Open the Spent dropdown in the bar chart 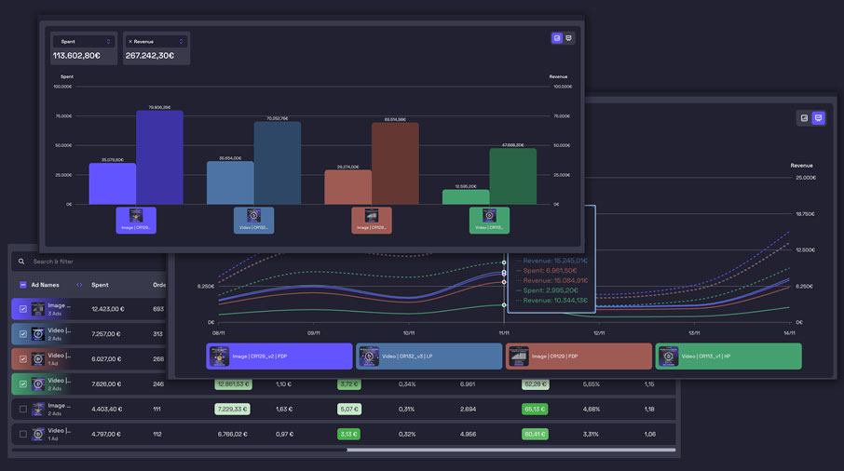tap(84, 42)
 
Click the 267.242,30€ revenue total tap(150, 56)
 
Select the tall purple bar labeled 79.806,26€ tap(159, 157)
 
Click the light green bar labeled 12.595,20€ tap(466, 196)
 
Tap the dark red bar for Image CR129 tap(395, 163)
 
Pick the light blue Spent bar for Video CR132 tap(230, 182)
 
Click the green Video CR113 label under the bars tap(489, 221)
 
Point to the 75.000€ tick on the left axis tap(63, 116)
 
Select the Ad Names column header tap(45, 285)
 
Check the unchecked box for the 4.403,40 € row tap(23, 409)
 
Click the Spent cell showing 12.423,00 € tap(105, 309)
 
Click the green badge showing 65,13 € tap(535, 409)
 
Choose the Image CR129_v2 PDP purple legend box tap(279, 357)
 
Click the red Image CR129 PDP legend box tap(579, 357)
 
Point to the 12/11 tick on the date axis tap(599, 332)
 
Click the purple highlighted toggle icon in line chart tap(818, 118)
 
